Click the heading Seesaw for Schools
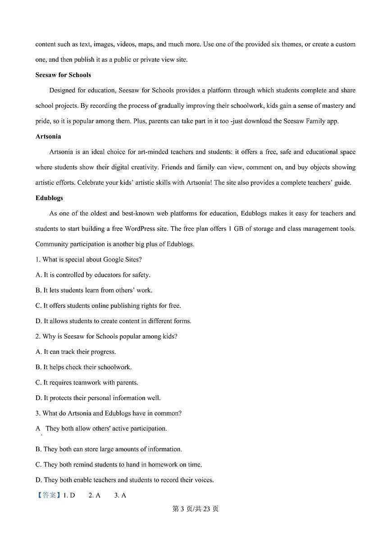63,75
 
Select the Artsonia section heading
48,136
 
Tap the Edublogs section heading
49,198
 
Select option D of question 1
113,321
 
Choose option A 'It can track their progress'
76,352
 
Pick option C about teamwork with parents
87,382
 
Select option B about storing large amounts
109,449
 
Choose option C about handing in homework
118,464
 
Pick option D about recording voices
124,480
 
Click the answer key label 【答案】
48,495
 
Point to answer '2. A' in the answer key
94,495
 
